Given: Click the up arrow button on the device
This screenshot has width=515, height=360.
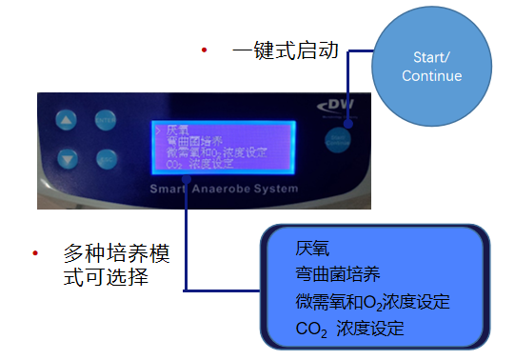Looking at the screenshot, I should coord(66,121).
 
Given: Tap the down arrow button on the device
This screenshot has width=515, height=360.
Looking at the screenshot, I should coord(66,158).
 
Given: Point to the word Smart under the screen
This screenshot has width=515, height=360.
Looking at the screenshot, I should coord(172,188).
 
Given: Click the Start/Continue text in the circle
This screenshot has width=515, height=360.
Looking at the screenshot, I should coord(431,67).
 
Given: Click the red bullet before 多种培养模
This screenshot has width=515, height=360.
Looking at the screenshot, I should coord(35,253).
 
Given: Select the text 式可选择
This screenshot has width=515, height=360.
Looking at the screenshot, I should coord(103,281).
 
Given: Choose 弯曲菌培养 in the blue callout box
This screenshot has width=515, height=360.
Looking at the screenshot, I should coord(338,275).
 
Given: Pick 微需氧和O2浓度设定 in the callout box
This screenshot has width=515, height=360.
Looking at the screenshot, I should coord(372,302).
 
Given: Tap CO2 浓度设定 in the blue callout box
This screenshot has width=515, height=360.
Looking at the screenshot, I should coord(349,329).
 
